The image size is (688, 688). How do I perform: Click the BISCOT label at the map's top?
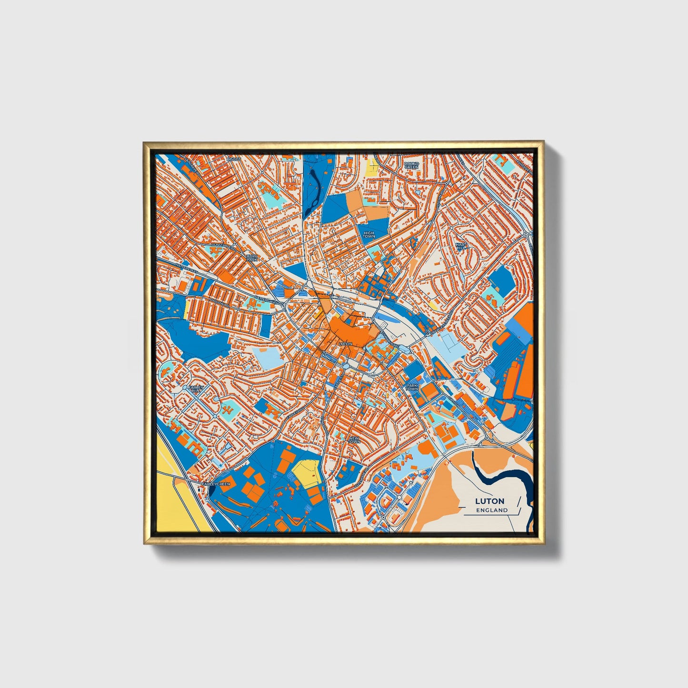234,159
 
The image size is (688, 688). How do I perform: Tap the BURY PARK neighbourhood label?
251,258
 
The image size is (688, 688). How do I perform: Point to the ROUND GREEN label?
411,165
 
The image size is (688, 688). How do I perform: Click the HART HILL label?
461,246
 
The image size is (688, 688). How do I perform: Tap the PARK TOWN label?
411,387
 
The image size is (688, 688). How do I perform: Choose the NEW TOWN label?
354,440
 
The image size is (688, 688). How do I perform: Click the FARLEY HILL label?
196,389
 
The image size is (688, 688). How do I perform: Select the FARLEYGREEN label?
216,484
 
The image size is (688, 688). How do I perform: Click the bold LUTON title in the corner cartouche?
491,501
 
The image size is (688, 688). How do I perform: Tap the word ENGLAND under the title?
492,510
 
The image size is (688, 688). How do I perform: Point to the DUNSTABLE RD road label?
223,248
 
